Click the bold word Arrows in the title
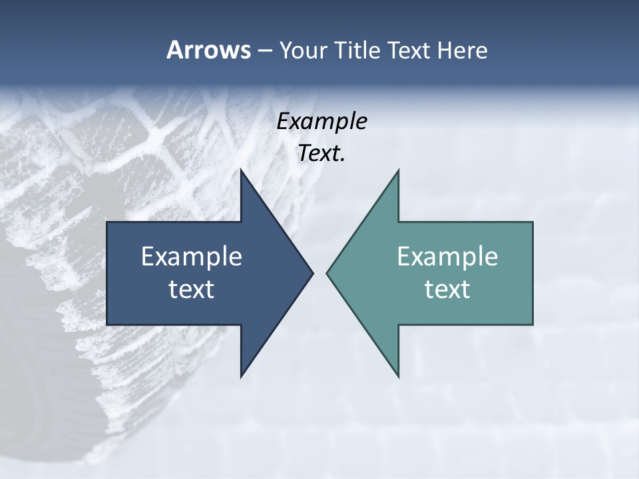(x=208, y=50)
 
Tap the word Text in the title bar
(x=409, y=50)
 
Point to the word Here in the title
(x=463, y=50)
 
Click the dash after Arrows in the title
(x=264, y=51)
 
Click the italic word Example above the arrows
(x=321, y=121)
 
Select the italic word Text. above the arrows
(x=321, y=153)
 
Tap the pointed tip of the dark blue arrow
(x=312, y=273)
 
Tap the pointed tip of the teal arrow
(x=327, y=273)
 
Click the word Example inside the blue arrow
(x=192, y=256)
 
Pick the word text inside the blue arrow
(x=192, y=289)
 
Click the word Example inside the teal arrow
(x=447, y=256)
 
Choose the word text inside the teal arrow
(x=447, y=289)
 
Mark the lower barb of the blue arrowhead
(x=243, y=373)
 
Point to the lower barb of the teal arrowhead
(x=397, y=373)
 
